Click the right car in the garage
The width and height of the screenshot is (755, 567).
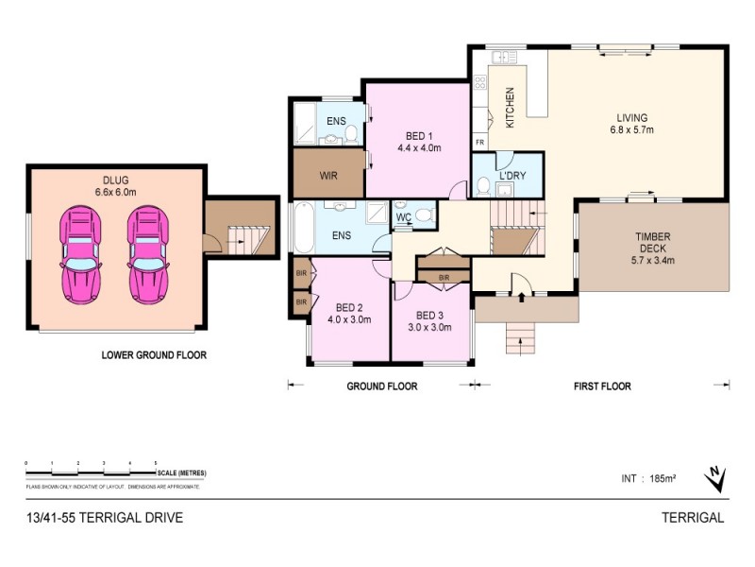(147, 256)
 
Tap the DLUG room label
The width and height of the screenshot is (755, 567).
(116, 185)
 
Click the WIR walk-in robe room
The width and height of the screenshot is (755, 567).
(328, 175)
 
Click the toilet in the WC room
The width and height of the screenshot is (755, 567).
(424, 216)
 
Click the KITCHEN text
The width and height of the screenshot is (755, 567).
(510, 107)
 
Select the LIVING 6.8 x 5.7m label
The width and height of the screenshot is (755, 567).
(631, 124)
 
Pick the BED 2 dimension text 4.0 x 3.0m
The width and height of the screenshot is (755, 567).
(349, 319)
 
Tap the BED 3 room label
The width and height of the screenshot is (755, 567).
(429, 315)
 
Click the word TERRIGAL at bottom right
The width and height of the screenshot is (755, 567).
(694, 518)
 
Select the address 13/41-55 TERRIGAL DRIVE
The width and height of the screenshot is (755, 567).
(105, 518)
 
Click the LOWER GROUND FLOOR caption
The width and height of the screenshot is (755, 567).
(154, 356)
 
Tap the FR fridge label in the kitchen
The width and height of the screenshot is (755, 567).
(479, 143)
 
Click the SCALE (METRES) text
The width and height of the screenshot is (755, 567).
(183, 472)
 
